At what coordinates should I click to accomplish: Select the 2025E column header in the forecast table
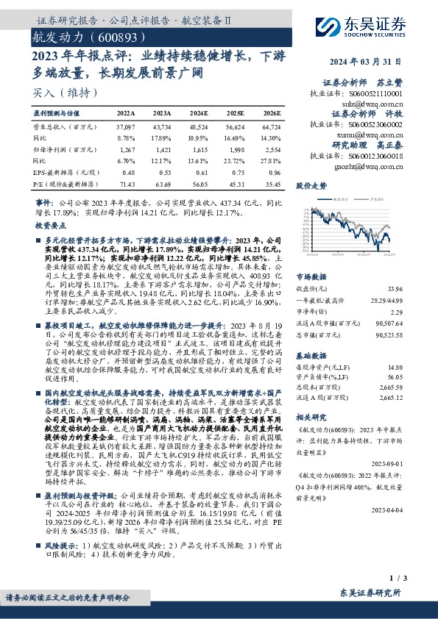235,114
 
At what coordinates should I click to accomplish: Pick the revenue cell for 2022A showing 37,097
127,127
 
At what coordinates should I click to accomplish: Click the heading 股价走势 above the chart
311,187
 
